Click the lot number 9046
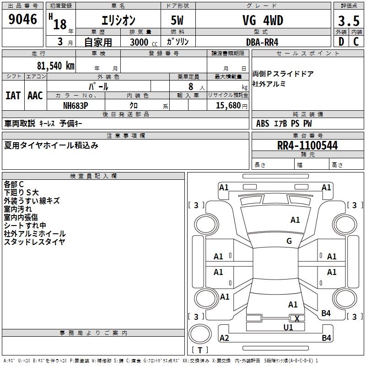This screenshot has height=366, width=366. pos(22,19)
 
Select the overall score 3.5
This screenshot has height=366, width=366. pos(349,21)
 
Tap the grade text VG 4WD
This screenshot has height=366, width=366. pos(263,20)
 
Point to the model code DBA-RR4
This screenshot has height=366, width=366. pos(262,42)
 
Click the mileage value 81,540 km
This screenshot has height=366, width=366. pos(56,65)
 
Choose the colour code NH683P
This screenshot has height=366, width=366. pos(75,106)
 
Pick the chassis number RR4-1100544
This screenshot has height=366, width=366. pos(307,145)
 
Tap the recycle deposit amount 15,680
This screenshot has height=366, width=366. pos(228,106)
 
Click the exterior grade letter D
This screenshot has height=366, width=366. pos(341,42)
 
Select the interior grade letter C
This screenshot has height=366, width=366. pos(356,42)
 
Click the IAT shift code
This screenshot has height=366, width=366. pos(13,96)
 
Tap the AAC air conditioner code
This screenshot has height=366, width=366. pos(35,96)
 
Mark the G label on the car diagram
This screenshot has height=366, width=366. pos(289,241)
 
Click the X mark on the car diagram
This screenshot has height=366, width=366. pos(297,318)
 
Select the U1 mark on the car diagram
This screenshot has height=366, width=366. pos(288,327)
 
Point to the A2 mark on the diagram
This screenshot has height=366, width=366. pos(224,338)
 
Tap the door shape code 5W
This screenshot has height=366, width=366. pos(177,20)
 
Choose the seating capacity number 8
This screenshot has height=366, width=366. pos(191,86)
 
